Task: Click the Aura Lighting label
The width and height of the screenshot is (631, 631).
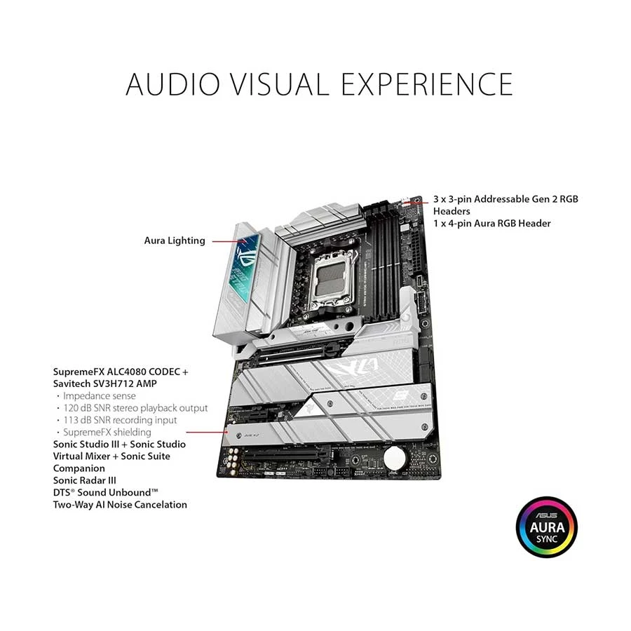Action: click(175, 240)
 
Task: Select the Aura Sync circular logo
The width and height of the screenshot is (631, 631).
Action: click(546, 527)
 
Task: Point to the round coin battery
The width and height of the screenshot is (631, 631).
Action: click(396, 457)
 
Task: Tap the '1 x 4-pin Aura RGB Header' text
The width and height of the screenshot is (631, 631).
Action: click(491, 224)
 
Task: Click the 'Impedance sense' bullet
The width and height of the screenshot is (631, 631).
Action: click(100, 396)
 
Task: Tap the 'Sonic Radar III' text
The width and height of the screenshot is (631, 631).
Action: click(85, 480)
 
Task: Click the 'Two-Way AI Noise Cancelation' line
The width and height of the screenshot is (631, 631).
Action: click(120, 505)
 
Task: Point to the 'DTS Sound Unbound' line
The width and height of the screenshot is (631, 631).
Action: click(105, 493)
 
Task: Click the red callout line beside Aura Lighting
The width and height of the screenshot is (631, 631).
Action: click(229, 241)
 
